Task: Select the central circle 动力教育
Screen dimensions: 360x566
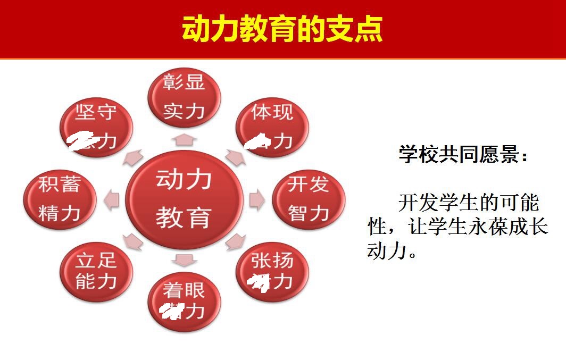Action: click(x=184, y=200)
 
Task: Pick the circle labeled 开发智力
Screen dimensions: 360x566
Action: click(x=309, y=199)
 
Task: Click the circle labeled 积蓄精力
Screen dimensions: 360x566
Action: click(x=60, y=199)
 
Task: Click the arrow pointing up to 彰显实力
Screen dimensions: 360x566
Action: click(x=184, y=139)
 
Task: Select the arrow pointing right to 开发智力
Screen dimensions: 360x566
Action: click(x=257, y=199)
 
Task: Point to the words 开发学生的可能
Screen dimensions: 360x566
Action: click(x=468, y=203)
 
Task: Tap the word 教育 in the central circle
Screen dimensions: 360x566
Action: click(x=184, y=218)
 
